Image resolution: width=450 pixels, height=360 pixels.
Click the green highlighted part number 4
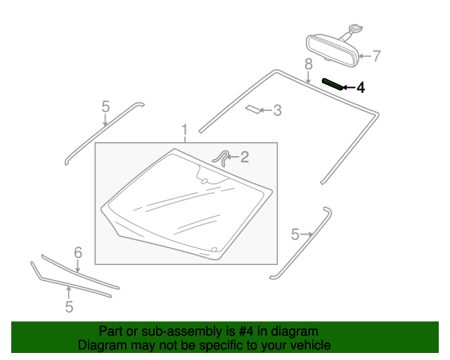click(333, 84)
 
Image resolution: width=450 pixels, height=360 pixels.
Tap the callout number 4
click(361, 88)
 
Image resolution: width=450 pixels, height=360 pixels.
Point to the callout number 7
click(376, 56)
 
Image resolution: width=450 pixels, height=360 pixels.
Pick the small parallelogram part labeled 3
click(252, 109)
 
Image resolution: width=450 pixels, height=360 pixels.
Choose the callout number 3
click(277, 110)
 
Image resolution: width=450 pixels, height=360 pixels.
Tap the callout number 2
click(244, 157)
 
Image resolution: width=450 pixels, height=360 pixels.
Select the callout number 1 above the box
click(185, 130)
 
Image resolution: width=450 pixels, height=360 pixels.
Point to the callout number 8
click(308, 65)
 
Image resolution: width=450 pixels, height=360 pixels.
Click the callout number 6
click(78, 252)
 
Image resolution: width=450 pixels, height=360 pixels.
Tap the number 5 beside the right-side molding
click(295, 234)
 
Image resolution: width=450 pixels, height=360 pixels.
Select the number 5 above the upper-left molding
click(105, 107)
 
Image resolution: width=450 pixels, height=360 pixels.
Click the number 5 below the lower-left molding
click(69, 307)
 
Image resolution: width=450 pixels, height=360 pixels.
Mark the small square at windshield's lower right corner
click(214, 249)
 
